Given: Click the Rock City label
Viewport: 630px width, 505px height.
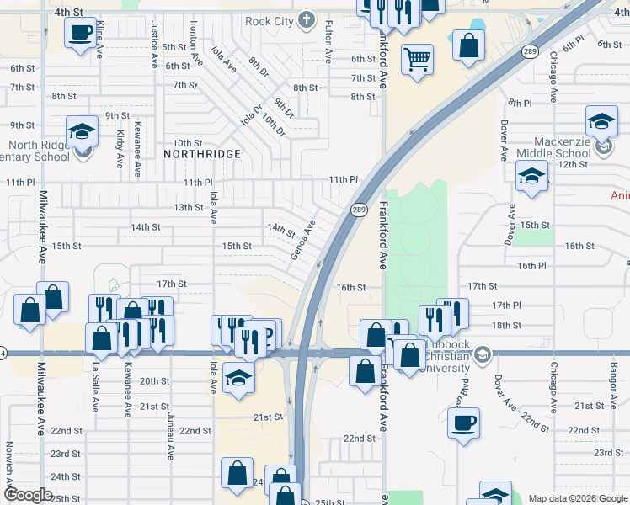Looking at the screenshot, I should (270, 20).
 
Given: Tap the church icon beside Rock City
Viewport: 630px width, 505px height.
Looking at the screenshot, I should (307, 19).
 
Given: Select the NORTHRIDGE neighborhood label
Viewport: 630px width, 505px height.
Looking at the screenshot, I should (202, 154).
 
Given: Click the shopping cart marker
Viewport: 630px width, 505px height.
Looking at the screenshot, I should (417, 59).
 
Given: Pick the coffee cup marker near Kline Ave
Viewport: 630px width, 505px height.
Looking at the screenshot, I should (80, 33).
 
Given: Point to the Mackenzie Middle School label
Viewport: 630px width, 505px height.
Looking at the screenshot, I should (563, 147).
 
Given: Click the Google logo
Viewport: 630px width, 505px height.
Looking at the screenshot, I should (29, 495).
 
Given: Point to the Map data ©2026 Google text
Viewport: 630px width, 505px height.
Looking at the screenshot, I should (577, 498).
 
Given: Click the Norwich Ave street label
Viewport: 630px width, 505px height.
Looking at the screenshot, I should (9, 461).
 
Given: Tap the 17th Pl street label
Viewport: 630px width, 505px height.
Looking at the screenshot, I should (506, 305).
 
